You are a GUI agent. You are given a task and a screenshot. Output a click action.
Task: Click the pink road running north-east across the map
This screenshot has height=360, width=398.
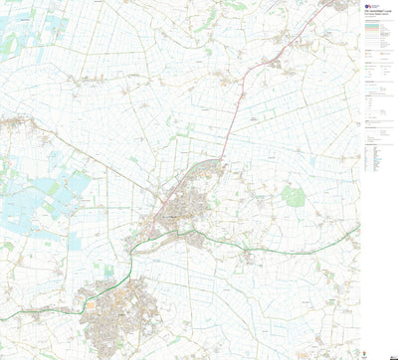coord(237,109)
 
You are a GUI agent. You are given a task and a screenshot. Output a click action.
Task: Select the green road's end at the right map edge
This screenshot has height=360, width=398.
coord(357,226)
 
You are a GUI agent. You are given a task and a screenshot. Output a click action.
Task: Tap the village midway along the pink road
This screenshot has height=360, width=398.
coord(237,99)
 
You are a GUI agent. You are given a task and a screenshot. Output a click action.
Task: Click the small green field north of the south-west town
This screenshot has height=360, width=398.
coord(107,269)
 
